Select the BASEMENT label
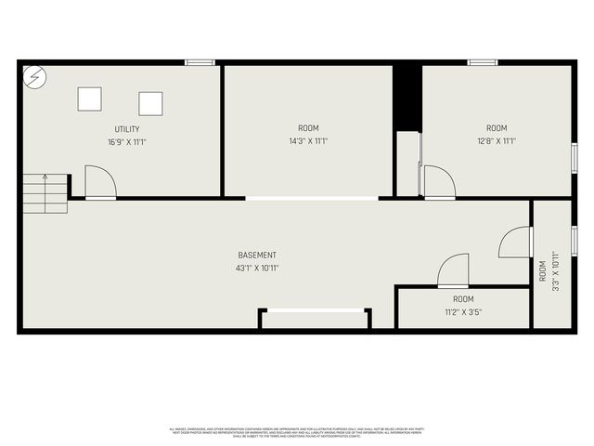click(x=257, y=256)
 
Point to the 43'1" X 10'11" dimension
click(x=257, y=269)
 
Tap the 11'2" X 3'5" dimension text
click(x=463, y=312)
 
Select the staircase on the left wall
click(x=45, y=192)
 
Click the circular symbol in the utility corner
click(x=33, y=76)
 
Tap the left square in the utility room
click(x=90, y=98)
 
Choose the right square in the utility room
click(x=150, y=103)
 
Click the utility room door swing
click(x=99, y=182)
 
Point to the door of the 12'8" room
click(x=439, y=182)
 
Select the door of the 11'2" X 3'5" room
click(x=454, y=272)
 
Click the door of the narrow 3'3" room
click(x=514, y=243)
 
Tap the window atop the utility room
click(x=200, y=62)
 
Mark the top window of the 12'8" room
click(x=482, y=62)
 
